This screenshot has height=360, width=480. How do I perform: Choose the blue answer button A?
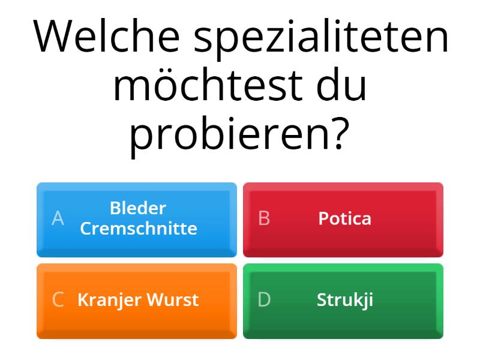137,219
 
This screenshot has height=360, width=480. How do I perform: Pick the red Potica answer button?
343,219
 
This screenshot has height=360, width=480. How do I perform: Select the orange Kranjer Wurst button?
137,300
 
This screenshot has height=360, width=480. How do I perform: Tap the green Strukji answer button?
343,300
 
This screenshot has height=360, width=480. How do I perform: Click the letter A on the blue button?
58,218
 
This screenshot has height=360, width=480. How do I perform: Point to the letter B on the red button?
264,218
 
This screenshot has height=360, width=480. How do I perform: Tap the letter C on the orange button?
58,299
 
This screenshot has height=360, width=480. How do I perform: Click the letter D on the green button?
264,299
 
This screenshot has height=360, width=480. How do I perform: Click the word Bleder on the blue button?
138,208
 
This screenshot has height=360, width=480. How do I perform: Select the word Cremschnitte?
139,229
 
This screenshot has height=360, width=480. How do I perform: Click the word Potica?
344,218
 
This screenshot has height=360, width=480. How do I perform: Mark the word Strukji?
345,300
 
